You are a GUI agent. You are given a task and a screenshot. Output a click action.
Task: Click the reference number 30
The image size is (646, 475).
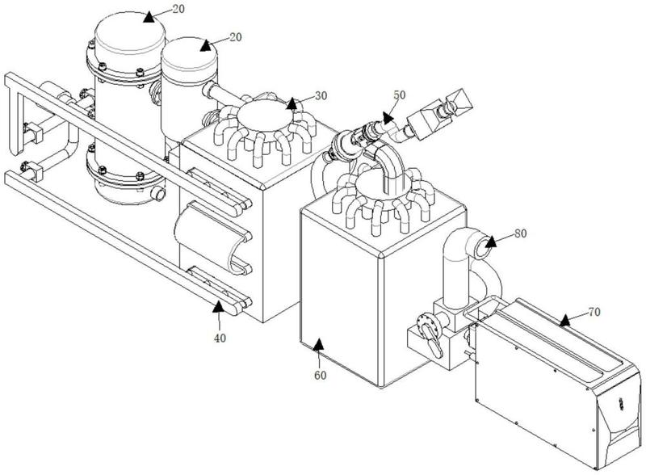click(x=321, y=95)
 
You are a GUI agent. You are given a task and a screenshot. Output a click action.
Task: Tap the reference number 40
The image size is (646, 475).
click(x=220, y=338)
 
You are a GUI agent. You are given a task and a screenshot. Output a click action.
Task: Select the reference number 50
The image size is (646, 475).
click(x=400, y=95)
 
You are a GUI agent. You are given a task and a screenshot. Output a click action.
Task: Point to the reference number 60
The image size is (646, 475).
click(x=321, y=375)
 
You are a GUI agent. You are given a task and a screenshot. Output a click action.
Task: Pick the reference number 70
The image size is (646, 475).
click(x=594, y=312)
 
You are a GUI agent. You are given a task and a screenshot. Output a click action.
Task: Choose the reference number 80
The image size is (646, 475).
click(x=521, y=233)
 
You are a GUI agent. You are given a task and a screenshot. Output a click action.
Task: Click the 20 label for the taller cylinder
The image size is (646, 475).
click(x=178, y=9)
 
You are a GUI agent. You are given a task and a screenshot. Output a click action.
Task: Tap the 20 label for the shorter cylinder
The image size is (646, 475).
click(x=235, y=37)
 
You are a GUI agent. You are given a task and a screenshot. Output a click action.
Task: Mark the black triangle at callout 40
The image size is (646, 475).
click(x=218, y=306)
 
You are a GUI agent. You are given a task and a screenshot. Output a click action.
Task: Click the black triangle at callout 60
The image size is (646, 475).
click(x=318, y=345)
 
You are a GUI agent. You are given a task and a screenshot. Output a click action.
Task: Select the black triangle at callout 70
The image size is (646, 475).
click(x=564, y=320)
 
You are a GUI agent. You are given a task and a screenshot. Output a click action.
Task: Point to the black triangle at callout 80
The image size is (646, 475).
click(x=490, y=242)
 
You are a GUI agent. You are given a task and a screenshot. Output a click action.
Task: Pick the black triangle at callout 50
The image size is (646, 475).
click(x=388, y=118)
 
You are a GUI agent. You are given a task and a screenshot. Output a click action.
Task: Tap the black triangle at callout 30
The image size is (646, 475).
click(x=292, y=104)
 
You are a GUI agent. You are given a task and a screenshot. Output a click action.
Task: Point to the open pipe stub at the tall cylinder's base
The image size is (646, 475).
click(x=158, y=192)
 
